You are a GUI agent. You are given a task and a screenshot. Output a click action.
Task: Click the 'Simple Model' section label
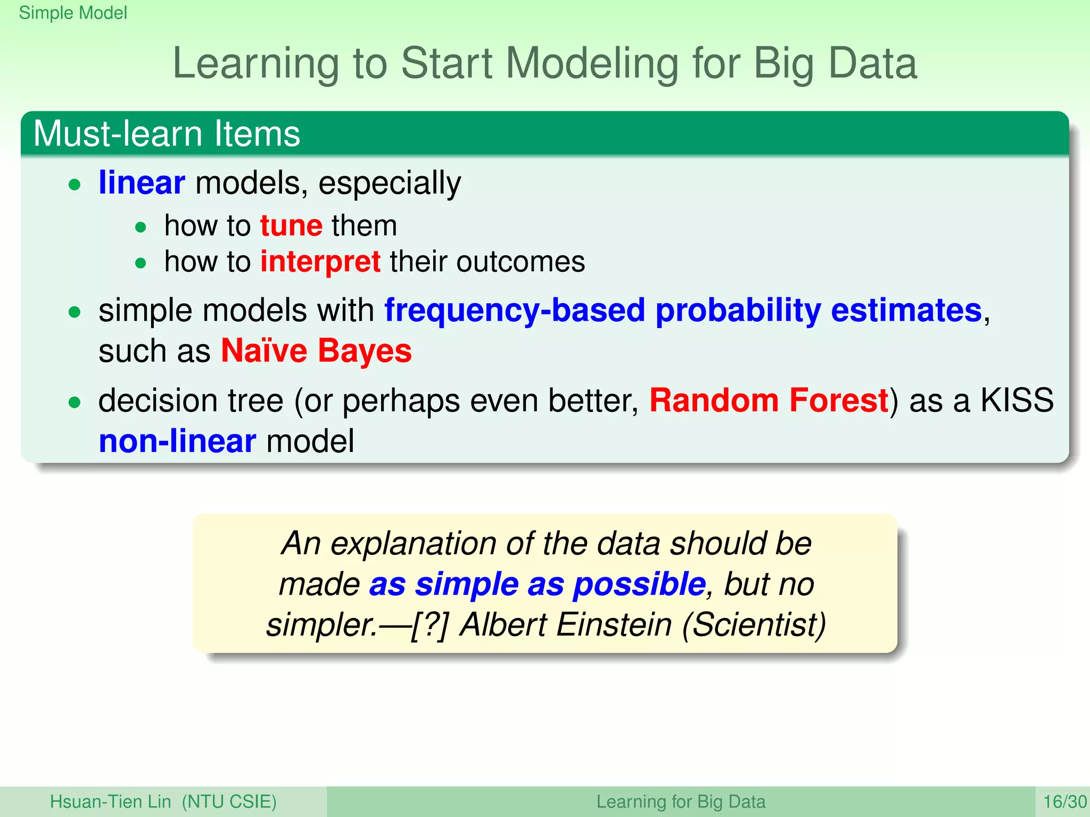73,13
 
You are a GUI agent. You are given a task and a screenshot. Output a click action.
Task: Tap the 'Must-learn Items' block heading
167,134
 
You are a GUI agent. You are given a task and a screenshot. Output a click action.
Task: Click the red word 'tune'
291,226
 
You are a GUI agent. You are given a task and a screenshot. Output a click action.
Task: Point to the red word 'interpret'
320,262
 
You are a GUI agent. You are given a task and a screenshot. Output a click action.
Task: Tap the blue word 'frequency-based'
514,310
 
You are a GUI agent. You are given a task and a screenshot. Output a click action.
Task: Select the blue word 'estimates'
905,310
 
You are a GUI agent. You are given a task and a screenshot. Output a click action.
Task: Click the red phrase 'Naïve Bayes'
316,351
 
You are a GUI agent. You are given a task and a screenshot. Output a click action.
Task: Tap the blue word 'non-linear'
177,441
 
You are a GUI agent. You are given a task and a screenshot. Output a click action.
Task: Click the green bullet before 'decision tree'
75,403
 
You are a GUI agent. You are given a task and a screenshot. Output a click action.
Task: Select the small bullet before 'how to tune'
141,228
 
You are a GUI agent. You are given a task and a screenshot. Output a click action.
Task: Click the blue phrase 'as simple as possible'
537,584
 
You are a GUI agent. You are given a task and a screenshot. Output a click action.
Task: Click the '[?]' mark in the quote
430,624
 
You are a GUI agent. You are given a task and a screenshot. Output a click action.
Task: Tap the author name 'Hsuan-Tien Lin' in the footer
110,802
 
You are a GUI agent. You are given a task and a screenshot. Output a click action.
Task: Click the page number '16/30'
1064,802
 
